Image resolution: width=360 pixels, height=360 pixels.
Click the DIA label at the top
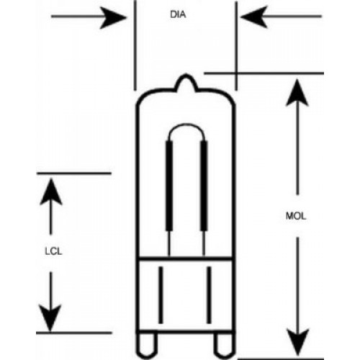(178, 14)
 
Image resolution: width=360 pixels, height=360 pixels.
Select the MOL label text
(296, 216)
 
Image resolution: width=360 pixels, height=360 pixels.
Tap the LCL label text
(53, 251)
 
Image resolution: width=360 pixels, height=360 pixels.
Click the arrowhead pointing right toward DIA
(113, 17)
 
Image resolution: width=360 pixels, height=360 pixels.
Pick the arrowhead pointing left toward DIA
(253, 17)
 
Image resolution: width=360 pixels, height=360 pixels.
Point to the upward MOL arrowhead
(297, 93)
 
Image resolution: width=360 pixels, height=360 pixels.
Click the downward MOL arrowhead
(298, 342)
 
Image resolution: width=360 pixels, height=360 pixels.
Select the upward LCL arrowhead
(51, 192)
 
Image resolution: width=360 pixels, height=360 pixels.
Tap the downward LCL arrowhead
(50, 318)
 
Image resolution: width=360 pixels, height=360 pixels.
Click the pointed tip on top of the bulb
(186, 75)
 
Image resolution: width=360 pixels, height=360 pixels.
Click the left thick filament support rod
(169, 186)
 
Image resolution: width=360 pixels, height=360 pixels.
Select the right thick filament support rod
(204, 186)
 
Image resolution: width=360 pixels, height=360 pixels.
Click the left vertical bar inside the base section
(161, 294)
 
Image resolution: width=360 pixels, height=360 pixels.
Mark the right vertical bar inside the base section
(209, 294)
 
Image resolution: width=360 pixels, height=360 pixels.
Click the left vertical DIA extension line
(135, 45)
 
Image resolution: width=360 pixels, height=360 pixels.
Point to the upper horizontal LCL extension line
(74, 173)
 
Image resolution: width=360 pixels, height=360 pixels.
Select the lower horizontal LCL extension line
(74, 333)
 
